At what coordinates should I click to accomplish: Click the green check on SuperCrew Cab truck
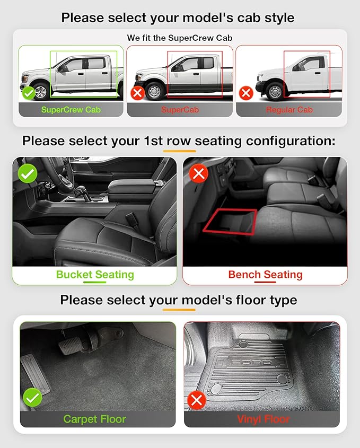29,93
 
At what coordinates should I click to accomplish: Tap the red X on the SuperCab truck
138,94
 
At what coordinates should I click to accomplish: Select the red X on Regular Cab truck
245,93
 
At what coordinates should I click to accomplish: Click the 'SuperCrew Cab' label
71,110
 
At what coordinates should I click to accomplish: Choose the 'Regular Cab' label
289,110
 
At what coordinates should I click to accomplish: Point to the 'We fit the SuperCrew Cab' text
180,38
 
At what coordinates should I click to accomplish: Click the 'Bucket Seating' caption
95,275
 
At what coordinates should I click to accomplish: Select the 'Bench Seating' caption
265,275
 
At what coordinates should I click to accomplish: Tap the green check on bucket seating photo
28,173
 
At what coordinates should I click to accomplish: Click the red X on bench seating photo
199,173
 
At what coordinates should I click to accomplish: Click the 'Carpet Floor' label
95,419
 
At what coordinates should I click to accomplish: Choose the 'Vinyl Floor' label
264,419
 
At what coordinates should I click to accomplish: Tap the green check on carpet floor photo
33,398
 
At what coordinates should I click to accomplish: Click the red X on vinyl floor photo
197,400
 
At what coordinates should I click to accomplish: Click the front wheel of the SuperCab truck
154,91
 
